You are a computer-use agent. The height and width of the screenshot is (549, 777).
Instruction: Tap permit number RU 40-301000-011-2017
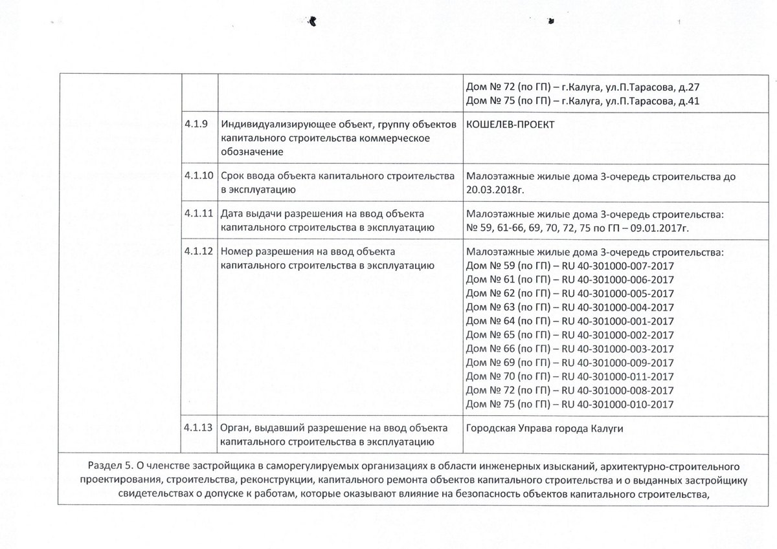click(x=618, y=376)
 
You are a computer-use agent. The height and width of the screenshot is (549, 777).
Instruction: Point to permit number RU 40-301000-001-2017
click(x=618, y=321)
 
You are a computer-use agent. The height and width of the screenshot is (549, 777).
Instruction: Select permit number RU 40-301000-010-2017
click(x=618, y=405)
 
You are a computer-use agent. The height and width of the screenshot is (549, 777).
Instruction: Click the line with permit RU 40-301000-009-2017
click(x=570, y=363)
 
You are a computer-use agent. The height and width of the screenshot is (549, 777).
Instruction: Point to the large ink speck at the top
click(x=313, y=20)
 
